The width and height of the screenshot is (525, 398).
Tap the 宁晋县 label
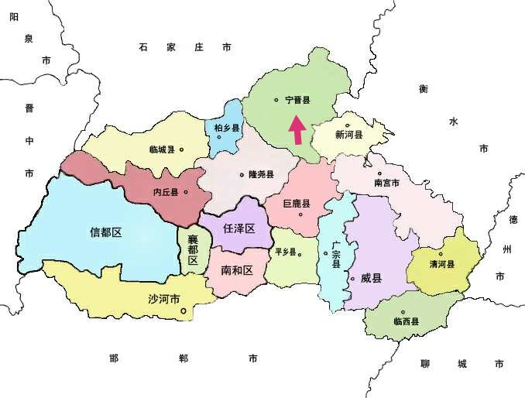tap(297, 101)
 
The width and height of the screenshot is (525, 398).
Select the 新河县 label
tap(348, 135)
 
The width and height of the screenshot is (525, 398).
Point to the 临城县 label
tap(163, 149)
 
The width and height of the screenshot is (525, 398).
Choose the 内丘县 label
tap(166, 192)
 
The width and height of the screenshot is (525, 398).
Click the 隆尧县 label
tap(261, 175)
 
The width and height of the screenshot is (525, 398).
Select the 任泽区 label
tap(238, 228)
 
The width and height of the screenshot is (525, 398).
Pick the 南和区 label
tap(237, 271)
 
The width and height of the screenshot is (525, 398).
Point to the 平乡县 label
tap(285, 252)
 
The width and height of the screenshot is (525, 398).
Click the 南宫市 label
tap(386, 184)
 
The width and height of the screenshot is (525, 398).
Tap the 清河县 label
tap(442, 264)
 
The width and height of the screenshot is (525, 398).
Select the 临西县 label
tap(407, 321)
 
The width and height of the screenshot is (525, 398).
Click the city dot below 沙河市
tap(184, 312)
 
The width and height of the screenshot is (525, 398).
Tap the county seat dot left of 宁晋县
tap(276, 100)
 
